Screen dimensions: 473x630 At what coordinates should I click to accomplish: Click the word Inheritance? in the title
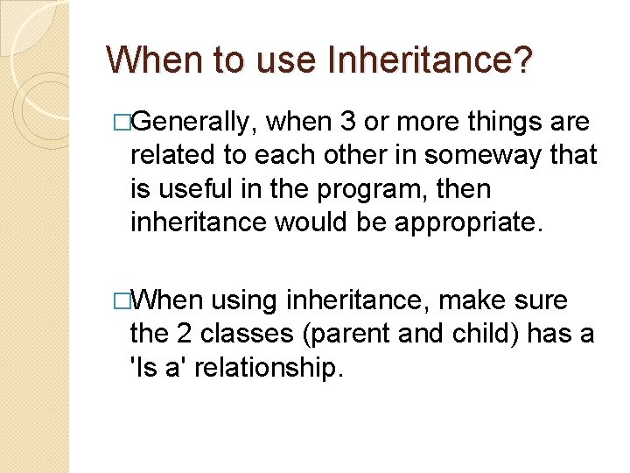429,60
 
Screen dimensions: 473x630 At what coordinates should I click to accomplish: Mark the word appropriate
469,222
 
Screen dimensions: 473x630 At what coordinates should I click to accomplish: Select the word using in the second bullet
248,301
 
